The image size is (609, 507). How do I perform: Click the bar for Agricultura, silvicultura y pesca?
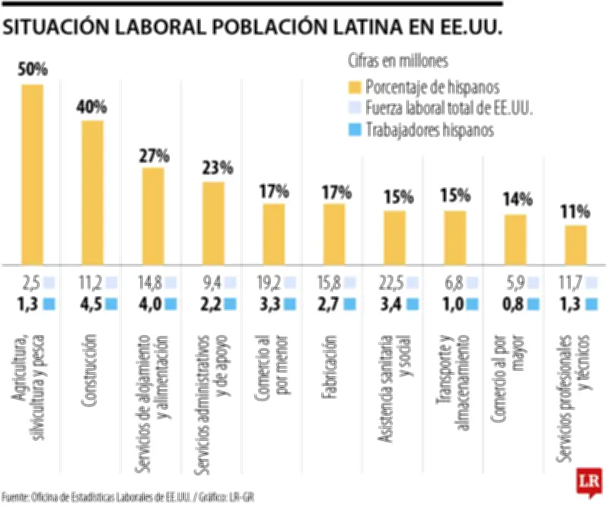[32, 173]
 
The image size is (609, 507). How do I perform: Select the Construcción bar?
[92, 191]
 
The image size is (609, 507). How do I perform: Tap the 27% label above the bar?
[153, 156]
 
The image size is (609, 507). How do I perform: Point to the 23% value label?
[213, 168]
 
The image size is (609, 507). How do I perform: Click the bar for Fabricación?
[334, 231]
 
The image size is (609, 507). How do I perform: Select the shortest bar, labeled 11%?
[576, 243]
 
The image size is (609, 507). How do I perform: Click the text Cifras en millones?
[397, 60]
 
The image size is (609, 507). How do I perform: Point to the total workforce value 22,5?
[392, 283]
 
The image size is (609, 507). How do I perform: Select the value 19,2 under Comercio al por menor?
[271, 283]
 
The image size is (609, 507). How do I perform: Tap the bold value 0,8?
[514, 305]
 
